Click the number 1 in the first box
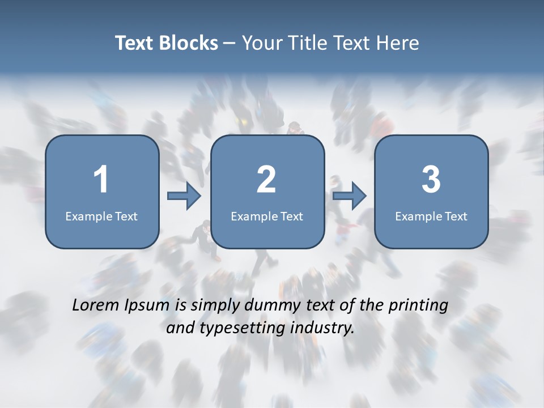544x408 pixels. click(x=101, y=180)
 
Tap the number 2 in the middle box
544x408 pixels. click(x=266, y=180)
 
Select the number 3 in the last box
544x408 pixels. click(x=431, y=180)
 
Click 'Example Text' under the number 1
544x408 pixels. click(x=101, y=216)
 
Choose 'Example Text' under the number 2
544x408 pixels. click(x=267, y=216)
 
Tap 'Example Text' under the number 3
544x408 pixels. click(x=431, y=216)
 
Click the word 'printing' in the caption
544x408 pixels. click(x=418, y=306)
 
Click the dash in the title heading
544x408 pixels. click(x=229, y=43)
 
